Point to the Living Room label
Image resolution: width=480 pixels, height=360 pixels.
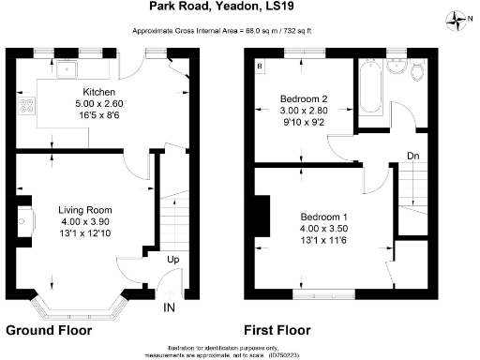[85, 209]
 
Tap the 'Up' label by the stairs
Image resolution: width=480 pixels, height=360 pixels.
[174, 260]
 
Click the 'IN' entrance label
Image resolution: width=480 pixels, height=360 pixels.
[170, 307]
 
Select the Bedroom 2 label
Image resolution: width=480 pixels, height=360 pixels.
[304, 97]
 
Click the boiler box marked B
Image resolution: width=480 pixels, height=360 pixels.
[260, 67]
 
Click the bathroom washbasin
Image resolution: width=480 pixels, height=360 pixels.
[397, 68]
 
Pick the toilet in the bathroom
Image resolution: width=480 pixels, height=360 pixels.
[418, 71]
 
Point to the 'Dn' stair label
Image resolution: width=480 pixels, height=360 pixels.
[412, 156]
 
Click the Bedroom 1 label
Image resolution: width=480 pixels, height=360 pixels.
[322, 213]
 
